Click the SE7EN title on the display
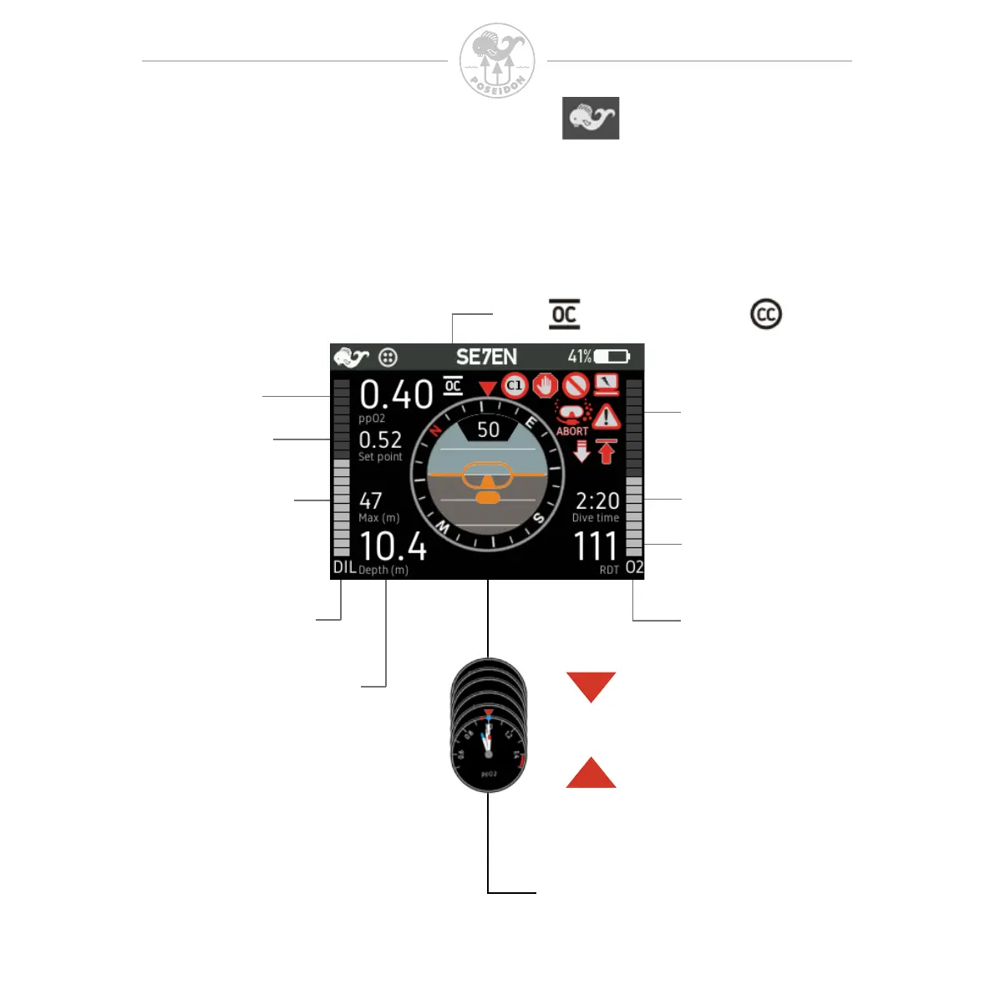486,357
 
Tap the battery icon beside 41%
612,357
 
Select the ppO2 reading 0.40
396,394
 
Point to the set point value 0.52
380,439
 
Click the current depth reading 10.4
393,547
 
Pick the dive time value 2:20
597,500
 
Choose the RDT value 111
595,547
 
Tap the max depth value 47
371,500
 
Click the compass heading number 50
488,429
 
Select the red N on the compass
435,431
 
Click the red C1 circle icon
515,385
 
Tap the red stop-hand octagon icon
545,385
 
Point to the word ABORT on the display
572,431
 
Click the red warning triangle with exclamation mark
607,416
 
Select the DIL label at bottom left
344,567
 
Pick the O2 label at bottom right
635,567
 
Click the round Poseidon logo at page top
497,60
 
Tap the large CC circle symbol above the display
766,314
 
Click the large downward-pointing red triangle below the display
591,686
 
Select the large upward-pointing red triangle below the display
591,774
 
